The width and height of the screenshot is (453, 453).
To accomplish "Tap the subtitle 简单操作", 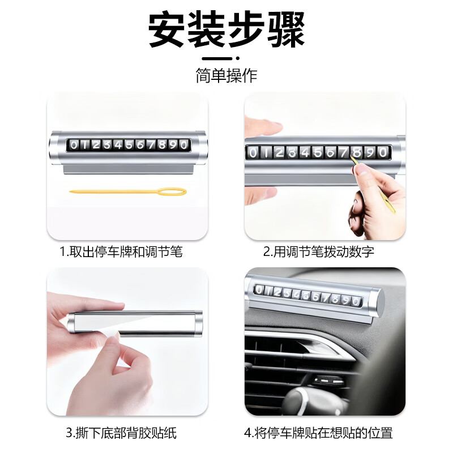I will point(226,75).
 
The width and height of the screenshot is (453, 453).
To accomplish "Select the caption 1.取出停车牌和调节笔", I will point(121,252).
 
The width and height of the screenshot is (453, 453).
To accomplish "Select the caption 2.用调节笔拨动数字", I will point(318,252).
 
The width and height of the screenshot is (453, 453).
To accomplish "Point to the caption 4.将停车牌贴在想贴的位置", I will point(318,434).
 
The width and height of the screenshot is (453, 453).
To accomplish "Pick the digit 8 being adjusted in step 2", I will point(357,152).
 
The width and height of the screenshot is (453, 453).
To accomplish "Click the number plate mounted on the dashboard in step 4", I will point(309,298).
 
